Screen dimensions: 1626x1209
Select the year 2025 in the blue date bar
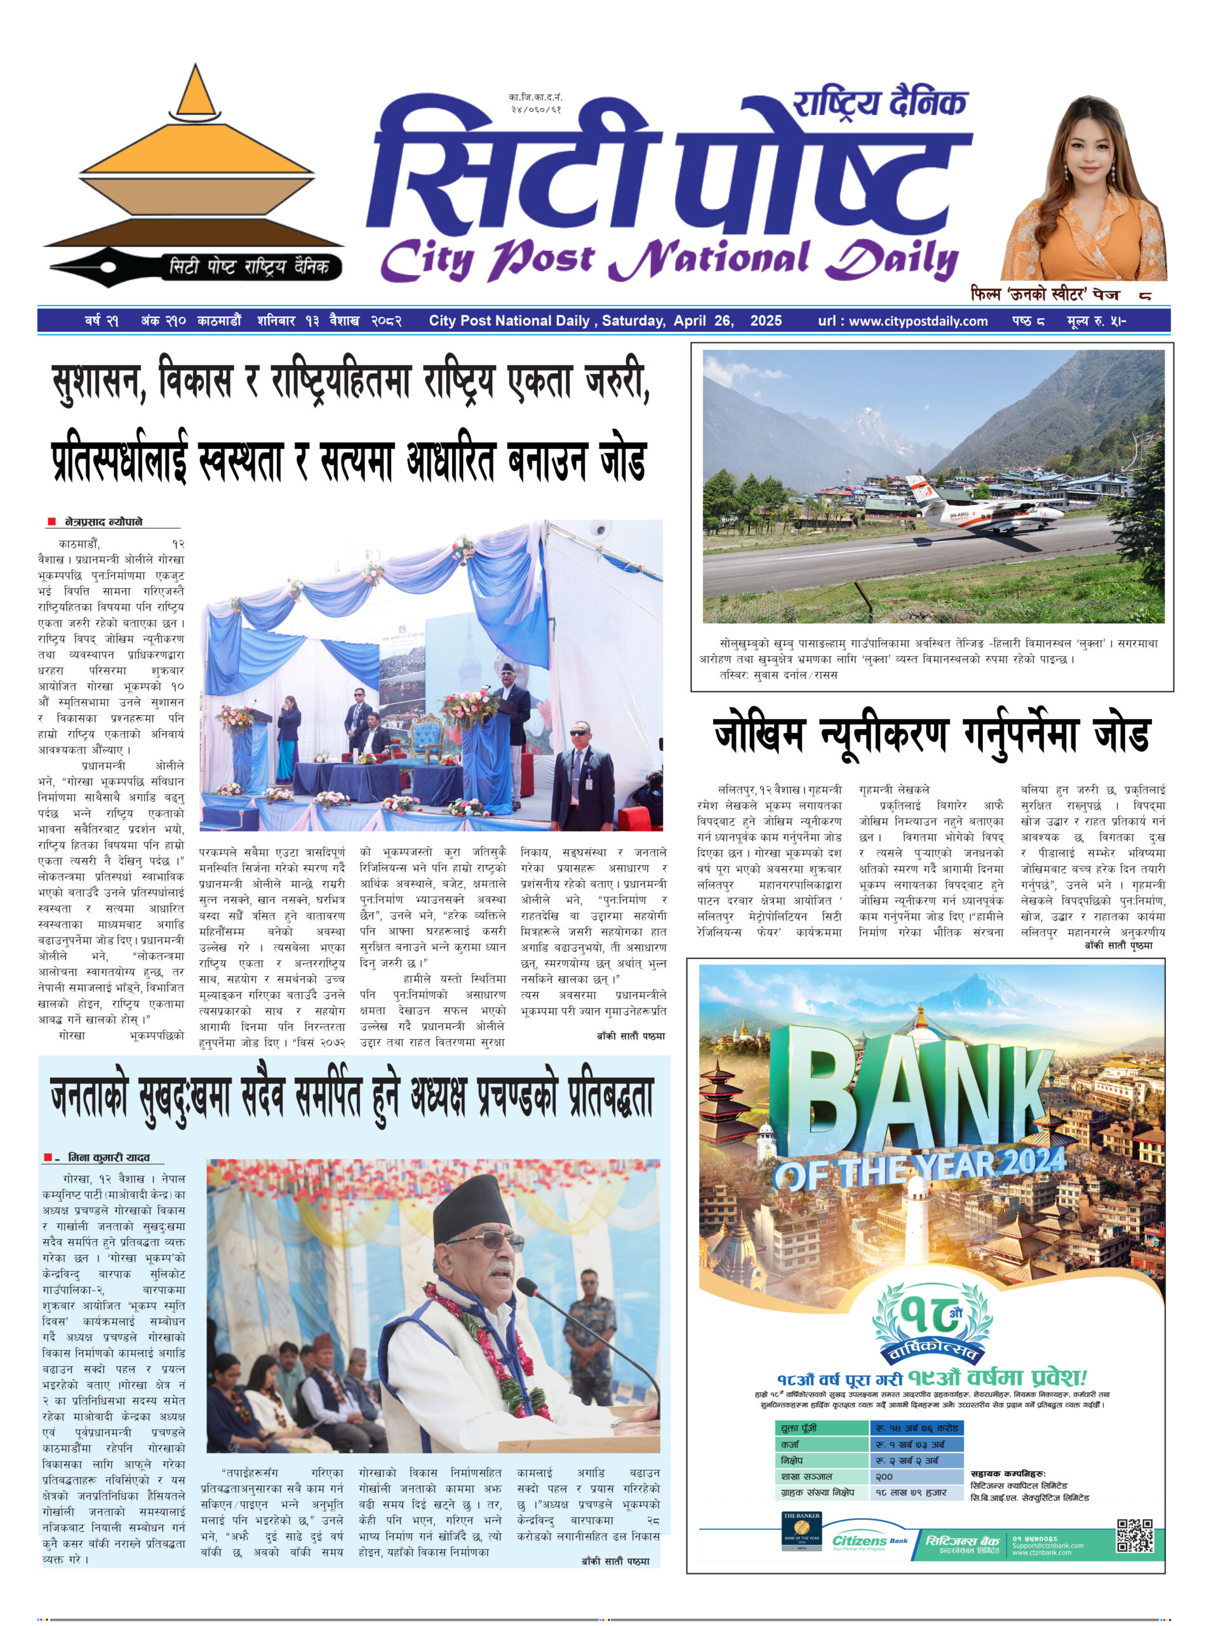tap(766, 321)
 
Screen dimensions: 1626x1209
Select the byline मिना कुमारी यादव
tap(109, 1157)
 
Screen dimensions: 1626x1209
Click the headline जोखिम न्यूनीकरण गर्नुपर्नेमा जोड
tap(931, 735)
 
